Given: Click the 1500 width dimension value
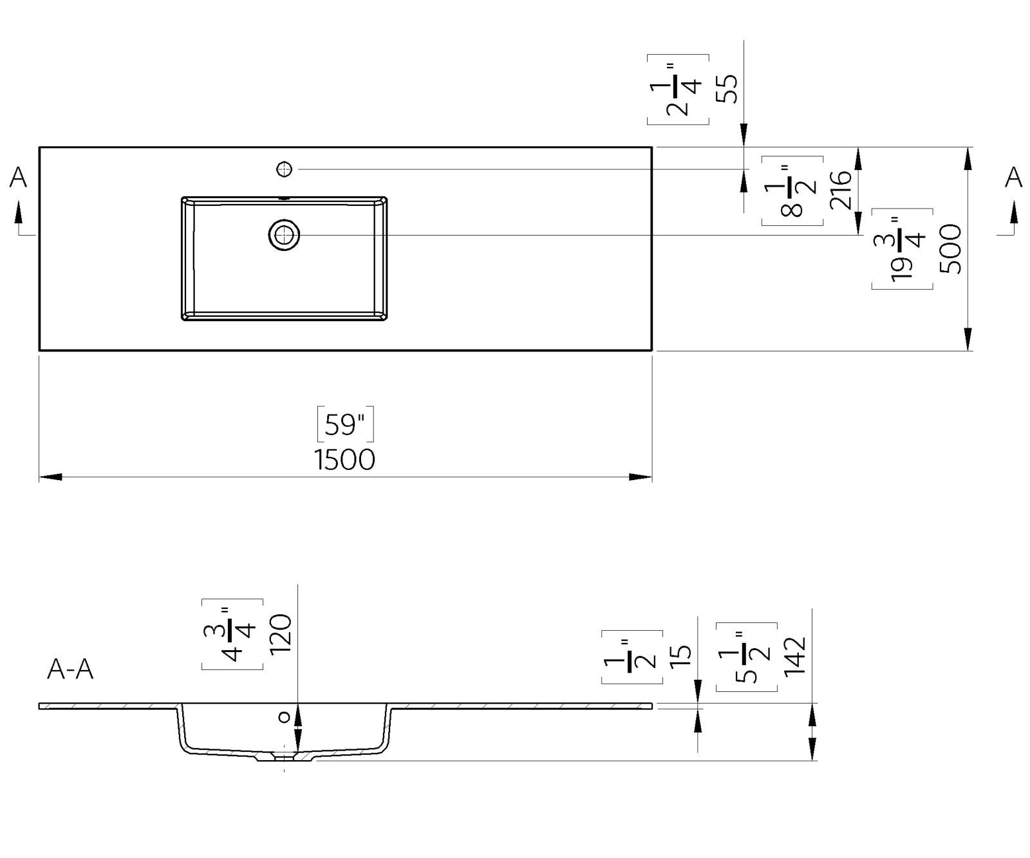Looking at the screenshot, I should click(344, 460).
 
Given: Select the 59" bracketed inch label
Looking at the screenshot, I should click(345, 425).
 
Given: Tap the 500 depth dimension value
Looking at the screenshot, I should click(951, 249).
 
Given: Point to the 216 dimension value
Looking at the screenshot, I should click(841, 191).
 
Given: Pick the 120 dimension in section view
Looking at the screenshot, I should click(281, 635).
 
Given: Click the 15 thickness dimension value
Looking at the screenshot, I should click(680, 655).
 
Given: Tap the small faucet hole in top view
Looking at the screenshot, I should click(284, 169).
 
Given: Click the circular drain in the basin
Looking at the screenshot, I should click(284, 236).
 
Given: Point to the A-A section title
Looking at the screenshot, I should click(70, 670).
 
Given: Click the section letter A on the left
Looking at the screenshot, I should click(18, 178).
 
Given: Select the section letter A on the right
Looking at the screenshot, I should click(1013, 177).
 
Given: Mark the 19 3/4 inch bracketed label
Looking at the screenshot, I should click(902, 249).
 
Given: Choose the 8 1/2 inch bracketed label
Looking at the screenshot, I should click(792, 191).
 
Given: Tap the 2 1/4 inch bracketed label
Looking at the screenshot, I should click(678, 89).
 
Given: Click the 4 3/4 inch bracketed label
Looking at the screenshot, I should click(232, 635).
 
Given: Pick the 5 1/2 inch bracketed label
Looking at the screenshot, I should click(746, 657).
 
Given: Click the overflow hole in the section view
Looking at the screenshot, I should click(284, 716).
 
